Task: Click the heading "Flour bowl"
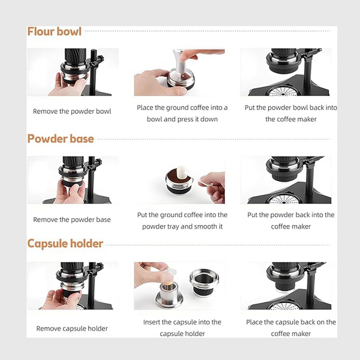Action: (55, 32)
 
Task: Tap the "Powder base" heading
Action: (61, 139)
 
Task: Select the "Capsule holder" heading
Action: (65, 244)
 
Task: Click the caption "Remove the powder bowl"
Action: (72, 112)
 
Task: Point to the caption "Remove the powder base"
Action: (72, 220)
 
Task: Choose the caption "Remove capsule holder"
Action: (72, 329)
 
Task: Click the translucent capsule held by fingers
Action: (169, 276)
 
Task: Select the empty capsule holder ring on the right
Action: (204, 283)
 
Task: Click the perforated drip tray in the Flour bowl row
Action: (284, 92)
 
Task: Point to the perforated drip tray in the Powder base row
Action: (284, 200)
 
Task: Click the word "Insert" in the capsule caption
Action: (152, 322)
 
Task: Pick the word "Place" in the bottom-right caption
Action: (254, 322)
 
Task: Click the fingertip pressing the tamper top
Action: (184, 55)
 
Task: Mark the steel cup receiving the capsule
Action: (169, 296)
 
